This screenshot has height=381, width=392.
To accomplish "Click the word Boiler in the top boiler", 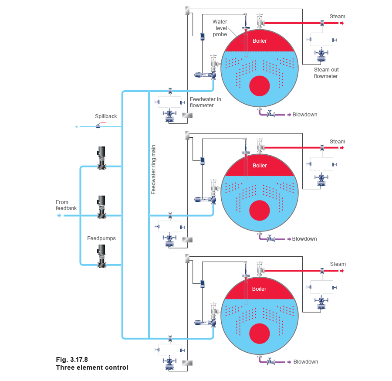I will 260,41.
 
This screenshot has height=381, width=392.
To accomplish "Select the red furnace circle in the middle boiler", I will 259,210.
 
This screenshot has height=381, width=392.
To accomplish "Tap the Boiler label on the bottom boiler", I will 260,289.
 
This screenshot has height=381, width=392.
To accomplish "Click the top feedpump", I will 101,158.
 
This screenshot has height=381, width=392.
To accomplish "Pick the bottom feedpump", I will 101,256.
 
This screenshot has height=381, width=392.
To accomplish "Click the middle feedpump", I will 101,207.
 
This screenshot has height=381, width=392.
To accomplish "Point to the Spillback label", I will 100,116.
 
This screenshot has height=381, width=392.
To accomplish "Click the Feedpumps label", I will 101,238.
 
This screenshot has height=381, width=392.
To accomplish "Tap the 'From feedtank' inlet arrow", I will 59,215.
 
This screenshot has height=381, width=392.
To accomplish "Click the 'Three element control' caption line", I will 92,367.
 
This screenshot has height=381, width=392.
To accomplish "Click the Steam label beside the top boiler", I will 338,17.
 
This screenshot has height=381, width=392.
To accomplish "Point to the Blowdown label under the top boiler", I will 305,115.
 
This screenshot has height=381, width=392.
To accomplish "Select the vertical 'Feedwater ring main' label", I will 154,170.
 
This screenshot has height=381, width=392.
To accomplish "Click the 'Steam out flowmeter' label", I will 326,73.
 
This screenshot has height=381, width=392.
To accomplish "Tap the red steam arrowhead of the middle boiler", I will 343,148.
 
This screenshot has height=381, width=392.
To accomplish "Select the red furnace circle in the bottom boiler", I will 259,333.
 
